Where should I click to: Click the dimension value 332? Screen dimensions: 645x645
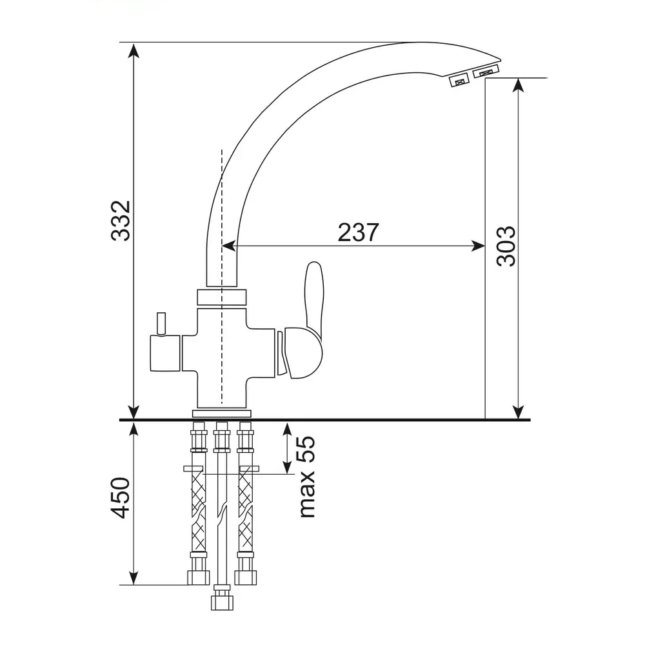(121, 221)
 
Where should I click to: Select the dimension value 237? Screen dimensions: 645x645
(358, 232)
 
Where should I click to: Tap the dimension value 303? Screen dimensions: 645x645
(506, 246)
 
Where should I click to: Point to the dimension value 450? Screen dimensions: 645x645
(121, 498)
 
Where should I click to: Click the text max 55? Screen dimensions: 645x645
(307, 477)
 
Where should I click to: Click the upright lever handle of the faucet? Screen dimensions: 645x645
(313, 298)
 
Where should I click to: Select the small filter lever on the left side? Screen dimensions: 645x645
(161, 323)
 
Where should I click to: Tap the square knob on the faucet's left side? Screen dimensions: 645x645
(165, 353)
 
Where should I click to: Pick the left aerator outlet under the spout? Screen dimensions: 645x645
(460, 80)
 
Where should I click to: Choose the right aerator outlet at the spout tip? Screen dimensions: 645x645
(486, 71)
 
